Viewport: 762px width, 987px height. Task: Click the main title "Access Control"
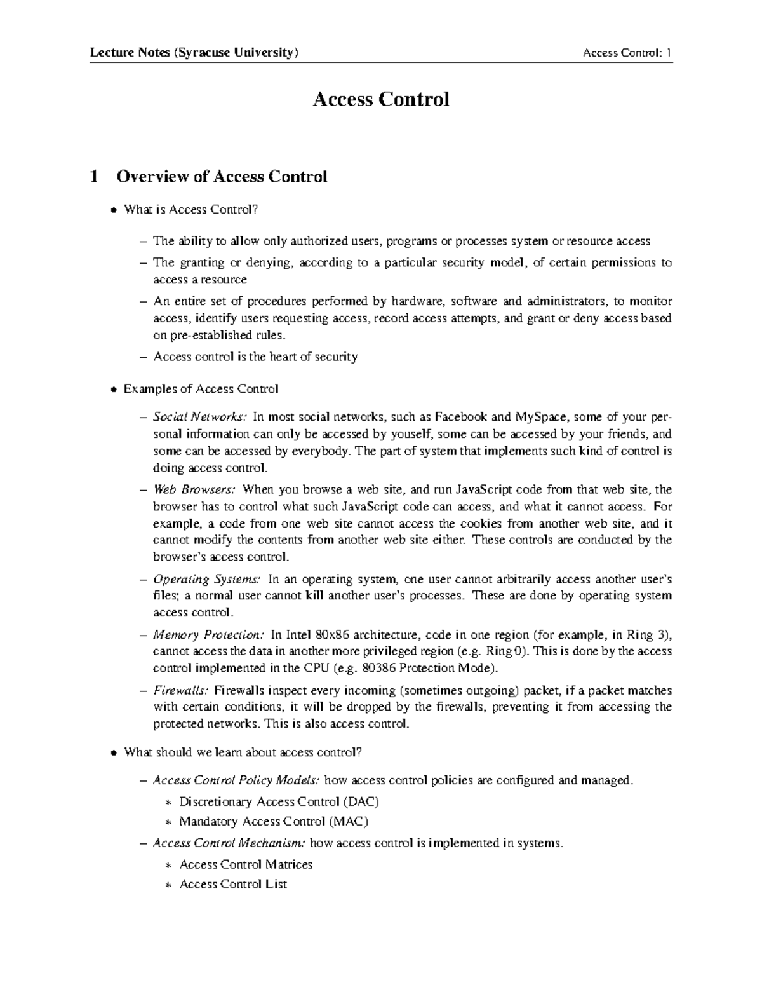380,99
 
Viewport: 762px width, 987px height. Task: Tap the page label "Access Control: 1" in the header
627,53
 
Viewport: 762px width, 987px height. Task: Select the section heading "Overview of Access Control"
222,177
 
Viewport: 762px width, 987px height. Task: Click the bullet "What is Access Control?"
192,209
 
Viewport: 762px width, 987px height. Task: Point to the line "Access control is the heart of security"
255,357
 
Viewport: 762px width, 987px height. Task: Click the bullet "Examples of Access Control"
201,389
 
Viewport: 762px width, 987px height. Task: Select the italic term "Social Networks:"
199,418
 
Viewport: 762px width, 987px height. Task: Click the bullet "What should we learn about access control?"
243,752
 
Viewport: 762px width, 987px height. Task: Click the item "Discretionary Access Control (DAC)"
279,801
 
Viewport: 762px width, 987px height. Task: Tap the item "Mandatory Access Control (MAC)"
274,821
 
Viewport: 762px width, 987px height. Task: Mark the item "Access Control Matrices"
246,864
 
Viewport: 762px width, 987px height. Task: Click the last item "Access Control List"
233,884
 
